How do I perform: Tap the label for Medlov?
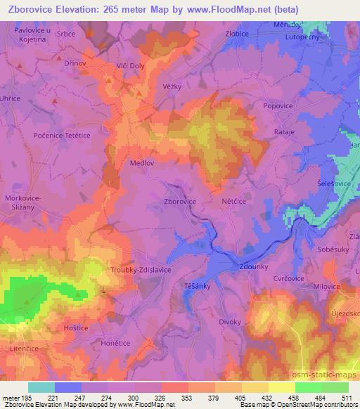[143, 162]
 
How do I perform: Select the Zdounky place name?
[254, 268]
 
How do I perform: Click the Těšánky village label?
[198, 287]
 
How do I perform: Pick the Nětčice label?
[234, 201]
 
